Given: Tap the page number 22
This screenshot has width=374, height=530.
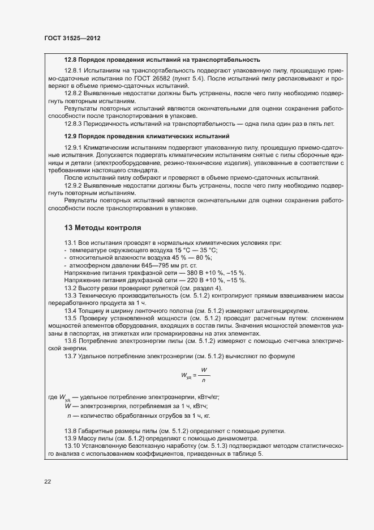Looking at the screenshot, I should coord(48,481).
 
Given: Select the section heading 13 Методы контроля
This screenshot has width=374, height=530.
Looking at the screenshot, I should coord(102,228).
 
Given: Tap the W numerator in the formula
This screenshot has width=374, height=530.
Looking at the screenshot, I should coord(203,369).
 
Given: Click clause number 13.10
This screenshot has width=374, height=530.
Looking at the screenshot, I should coord(74,446).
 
